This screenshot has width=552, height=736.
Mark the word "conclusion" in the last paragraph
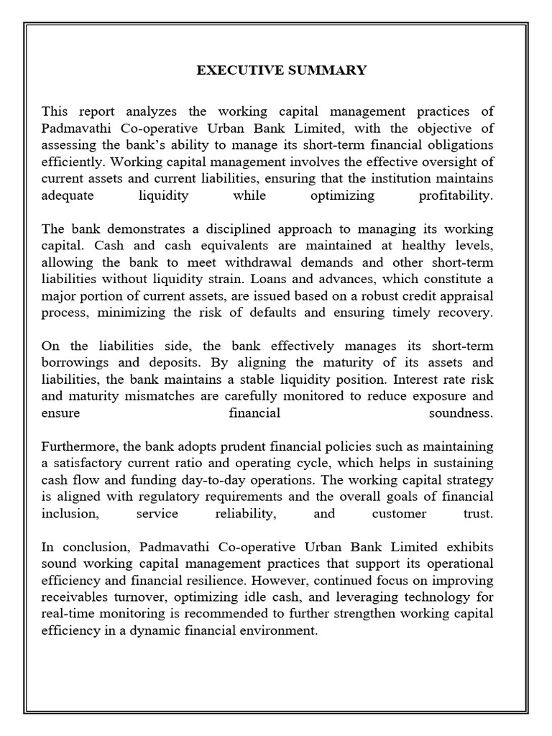click(88, 547)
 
